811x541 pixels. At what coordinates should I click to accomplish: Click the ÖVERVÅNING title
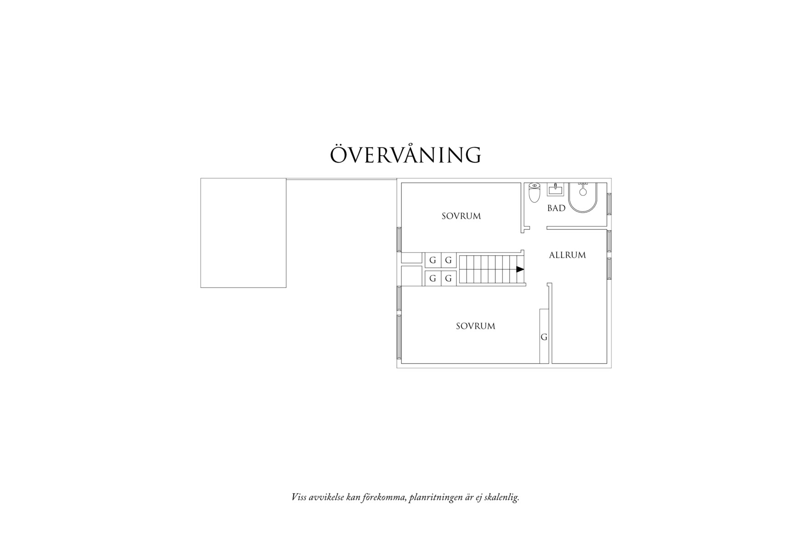pyautogui.click(x=405, y=155)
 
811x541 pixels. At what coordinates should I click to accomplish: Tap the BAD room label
pyautogui.click(x=556, y=208)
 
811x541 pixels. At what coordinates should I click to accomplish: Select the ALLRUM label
pyautogui.click(x=567, y=255)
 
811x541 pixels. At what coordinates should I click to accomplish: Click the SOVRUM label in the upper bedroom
pyautogui.click(x=461, y=216)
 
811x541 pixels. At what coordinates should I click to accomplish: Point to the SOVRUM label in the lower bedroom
pyautogui.click(x=475, y=326)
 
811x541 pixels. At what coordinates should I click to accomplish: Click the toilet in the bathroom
pyautogui.click(x=534, y=193)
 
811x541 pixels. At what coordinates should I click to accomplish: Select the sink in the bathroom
pyautogui.click(x=555, y=189)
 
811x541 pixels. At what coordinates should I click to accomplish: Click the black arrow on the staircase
pyautogui.click(x=520, y=269)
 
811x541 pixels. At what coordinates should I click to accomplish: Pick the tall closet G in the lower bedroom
pyautogui.click(x=544, y=336)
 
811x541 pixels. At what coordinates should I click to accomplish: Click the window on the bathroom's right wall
pyautogui.click(x=609, y=204)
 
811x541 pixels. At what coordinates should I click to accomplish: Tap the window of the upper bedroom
pyautogui.click(x=399, y=239)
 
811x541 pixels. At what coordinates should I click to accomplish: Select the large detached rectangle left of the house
pyautogui.click(x=243, y=232)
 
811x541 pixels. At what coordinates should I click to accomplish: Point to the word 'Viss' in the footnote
pyautogui.click(x=299, y=497)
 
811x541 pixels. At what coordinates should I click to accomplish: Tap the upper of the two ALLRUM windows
pyautogui.click(x=609, y=241)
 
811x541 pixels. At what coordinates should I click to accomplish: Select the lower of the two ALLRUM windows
pyautogui.click(x=609, y=268)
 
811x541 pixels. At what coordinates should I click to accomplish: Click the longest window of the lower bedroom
pyautogui.click(x=399, y=336)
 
